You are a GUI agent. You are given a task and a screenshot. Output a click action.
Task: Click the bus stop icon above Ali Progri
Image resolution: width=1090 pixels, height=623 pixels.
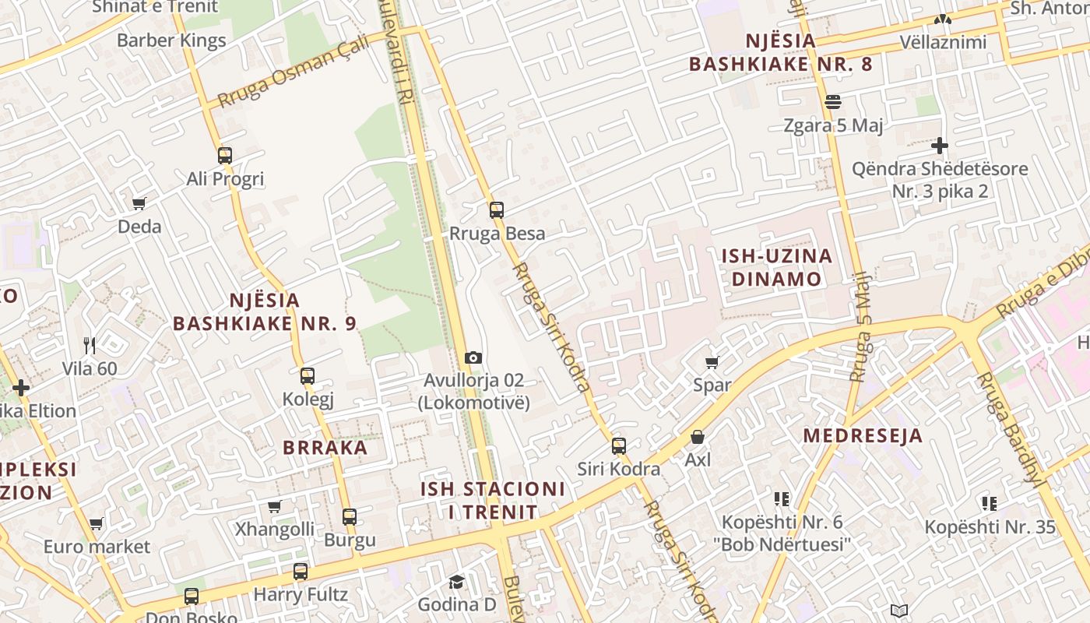pyautogui.click(x=225, y=156)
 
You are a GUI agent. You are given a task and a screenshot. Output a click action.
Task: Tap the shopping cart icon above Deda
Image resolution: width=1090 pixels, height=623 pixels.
pyautogui.click(x=139, y=204)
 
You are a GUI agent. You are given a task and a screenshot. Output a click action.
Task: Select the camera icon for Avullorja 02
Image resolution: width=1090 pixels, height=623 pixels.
pyautogui.click(x=473, y=358)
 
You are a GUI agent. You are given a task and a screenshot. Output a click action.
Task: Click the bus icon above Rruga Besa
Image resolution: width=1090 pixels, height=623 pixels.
pyautogui.click(x=497, y=210)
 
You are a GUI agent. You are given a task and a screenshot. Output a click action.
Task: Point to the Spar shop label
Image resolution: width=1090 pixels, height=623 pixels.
pyautogui.click(x=712, y=385)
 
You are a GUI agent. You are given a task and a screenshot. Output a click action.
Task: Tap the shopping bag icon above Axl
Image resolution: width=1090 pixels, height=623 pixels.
pyautogui.click(x=698, y=438)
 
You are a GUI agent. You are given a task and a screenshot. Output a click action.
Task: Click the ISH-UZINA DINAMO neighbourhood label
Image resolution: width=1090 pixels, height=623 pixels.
pyautogui.click(x=776, y=267)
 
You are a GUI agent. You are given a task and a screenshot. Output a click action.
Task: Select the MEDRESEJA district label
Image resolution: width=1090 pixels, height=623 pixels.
pyautogui.click(x=863, y=435)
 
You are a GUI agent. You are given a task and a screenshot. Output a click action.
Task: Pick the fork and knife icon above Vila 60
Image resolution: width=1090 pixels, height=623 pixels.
pyautogui.click(x=90, y=345)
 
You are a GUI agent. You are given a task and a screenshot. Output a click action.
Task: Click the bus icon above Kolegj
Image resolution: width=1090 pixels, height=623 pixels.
pyautogui.click(x=308, y=376)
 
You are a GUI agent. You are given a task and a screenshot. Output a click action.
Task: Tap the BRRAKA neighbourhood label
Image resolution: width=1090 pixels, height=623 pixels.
pyautogui.click(x=325, y=448)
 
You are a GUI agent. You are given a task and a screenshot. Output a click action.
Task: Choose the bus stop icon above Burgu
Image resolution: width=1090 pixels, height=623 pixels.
pyautogui.click(x=350, y=516)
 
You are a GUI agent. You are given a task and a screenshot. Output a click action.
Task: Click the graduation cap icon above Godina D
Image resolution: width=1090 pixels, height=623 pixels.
pyautogui.click(x=456, y=582)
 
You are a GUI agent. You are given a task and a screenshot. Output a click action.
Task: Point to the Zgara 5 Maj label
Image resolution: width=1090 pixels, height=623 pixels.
pyautogui.click(x=833, y=125)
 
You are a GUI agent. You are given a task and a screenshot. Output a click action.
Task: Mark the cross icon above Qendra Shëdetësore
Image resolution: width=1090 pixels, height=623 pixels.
pyautogui.click(x=940, y=146)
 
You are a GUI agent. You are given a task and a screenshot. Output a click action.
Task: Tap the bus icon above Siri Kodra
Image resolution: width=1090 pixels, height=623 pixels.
pyautogui.click(x=619, y=446)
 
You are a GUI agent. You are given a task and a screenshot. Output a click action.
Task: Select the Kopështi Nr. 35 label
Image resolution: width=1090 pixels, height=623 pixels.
pyautogui.click(x=990, y=527)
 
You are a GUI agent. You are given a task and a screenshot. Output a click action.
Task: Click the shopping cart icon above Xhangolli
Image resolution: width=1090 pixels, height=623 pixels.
pyautogui.click(x=275, y=507)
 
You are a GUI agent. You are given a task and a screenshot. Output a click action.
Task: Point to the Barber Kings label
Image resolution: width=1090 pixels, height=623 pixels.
pyautogui.click(x=171, y=40)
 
